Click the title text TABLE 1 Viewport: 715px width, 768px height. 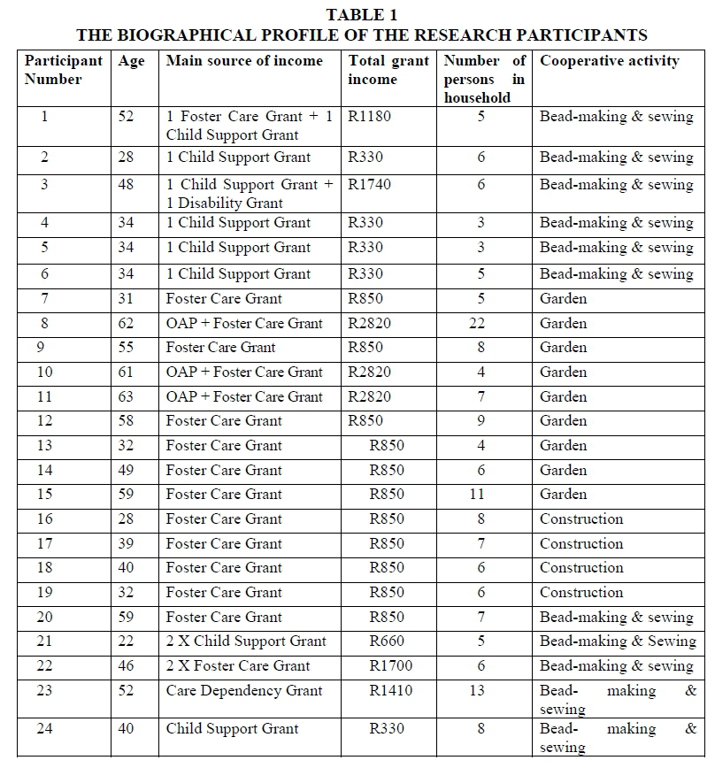click(362, 14)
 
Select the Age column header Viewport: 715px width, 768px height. click(131, 61)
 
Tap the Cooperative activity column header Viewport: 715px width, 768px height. click(610, 61)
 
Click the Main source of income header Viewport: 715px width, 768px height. click(245, 61)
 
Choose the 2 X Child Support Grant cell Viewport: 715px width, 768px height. click(246, 641)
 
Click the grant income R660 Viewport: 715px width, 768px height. click(387, 641)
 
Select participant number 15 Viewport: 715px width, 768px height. click(45, 494)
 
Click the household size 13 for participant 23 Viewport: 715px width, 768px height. click(477, 690)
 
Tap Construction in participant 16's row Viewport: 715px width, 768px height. click(581, 518)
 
